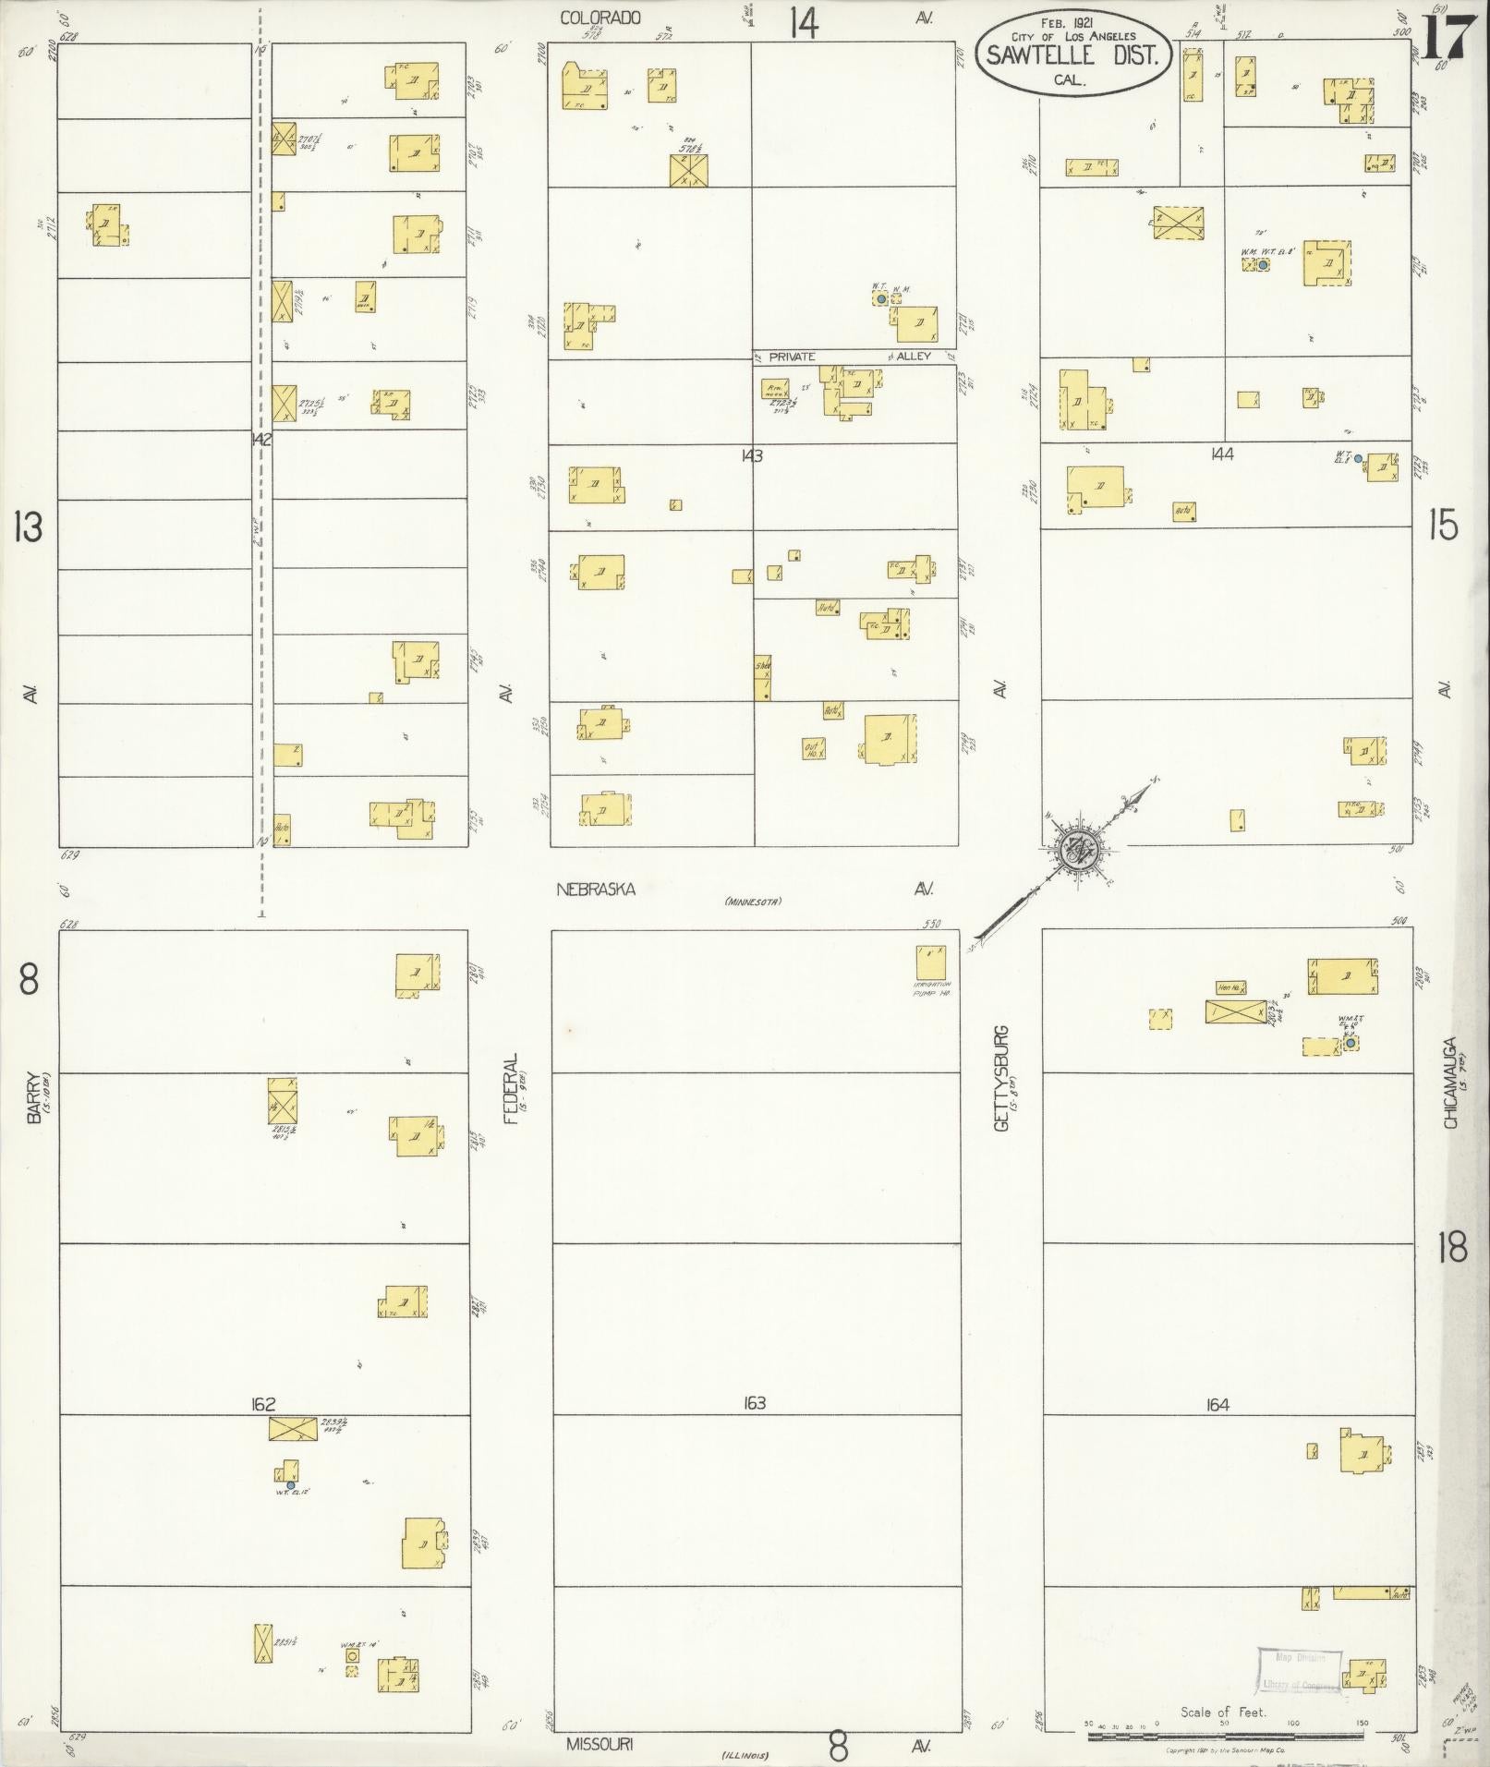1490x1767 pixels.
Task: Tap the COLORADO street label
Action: pos(600,18)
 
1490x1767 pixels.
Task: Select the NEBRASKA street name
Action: pos(596,889)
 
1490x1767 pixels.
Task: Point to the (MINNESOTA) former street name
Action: pos(753,901)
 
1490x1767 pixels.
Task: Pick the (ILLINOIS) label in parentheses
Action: pos(744,1755)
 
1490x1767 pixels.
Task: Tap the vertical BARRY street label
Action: pos(34,1096)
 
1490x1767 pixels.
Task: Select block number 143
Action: pos(752,455)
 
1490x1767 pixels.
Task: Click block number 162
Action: pos(263,1431)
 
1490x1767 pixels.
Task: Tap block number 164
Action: pos(1217,1431)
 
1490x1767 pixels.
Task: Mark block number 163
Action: pos(754,1429)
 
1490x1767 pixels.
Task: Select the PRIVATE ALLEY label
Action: pos(850,356)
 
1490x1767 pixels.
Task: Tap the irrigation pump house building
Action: pos(930,962)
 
